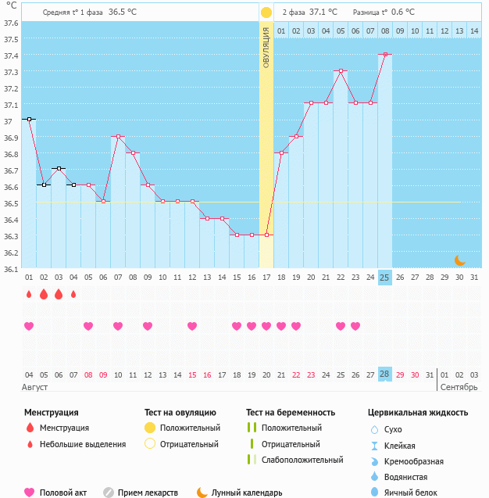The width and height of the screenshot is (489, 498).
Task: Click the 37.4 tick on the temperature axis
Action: [x=9, y=56]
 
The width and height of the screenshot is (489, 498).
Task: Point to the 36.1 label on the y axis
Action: [x=9, y=270]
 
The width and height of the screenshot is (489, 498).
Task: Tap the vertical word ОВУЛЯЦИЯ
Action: [x=266, y=48]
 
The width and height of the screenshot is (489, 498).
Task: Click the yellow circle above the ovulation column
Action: [x=266, y=13]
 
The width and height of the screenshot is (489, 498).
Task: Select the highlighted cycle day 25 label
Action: [x=384, y=278]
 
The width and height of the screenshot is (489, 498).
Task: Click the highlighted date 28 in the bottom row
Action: [x=384, y=374]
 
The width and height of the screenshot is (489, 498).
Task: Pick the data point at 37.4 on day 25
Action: [x=384, y=55]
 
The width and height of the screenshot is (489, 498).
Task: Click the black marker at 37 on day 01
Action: [x=29, y=119]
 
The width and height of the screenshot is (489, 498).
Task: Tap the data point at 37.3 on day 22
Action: [x=341, y=70]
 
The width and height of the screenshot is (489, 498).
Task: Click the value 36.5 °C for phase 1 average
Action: [x=123, y=13]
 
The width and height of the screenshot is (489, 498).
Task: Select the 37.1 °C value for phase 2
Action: [x=323, y=13]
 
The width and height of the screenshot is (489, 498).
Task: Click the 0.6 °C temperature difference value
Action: [x=403, y=13]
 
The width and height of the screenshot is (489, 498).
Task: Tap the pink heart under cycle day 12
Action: [x=192, y=326]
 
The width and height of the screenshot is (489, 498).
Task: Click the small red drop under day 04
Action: [x=73, y=295]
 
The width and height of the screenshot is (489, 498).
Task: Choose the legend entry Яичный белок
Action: [x=407, y=493]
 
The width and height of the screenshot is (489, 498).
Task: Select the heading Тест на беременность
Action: [x=291, y=412]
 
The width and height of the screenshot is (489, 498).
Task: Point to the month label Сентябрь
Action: [x=459, y=387]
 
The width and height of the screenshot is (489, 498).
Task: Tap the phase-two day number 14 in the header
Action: [x=474, y=30]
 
